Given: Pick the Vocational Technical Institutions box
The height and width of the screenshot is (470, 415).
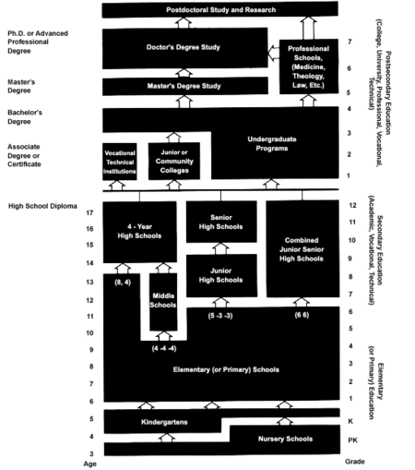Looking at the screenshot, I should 121,161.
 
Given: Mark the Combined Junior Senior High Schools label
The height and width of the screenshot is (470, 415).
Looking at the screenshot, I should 302,248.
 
